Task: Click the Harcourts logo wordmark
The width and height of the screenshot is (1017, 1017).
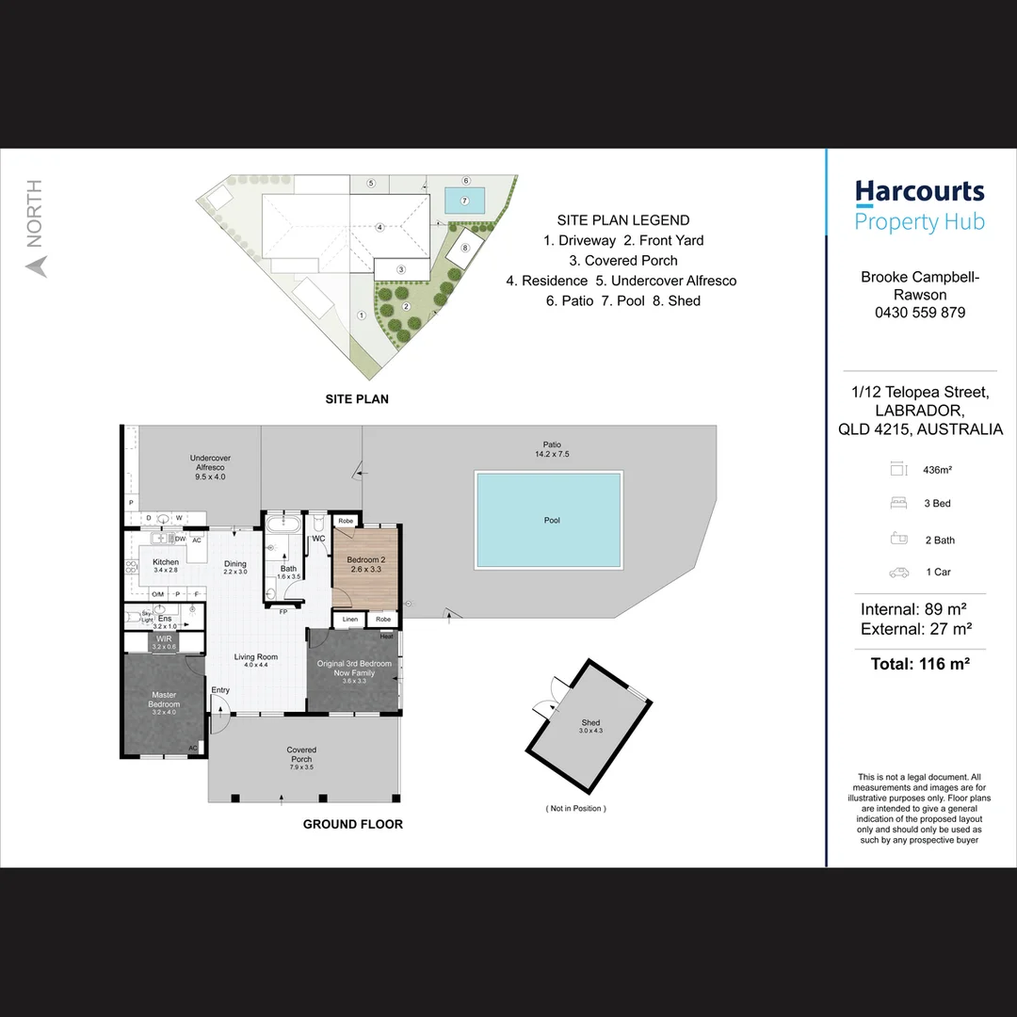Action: tap(919, 192)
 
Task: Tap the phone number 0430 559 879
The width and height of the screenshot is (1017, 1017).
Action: tap(919, 313)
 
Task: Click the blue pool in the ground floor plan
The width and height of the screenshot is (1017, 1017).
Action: tap(549, 520)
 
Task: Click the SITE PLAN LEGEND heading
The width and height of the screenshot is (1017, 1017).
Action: tap(622, 220)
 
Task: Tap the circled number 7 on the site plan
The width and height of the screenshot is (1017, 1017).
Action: tap(464, 200)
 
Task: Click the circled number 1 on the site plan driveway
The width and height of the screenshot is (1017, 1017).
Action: tap(361, 315)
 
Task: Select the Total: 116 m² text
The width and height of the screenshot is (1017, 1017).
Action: tap(919, 664)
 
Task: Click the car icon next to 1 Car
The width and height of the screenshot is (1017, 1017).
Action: tap(897, 573)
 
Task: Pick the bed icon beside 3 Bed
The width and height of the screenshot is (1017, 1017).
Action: tap(897, 504)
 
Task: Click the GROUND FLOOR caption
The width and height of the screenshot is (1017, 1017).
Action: tap(352, 824)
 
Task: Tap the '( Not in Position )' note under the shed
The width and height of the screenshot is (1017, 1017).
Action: tap(576, 808)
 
